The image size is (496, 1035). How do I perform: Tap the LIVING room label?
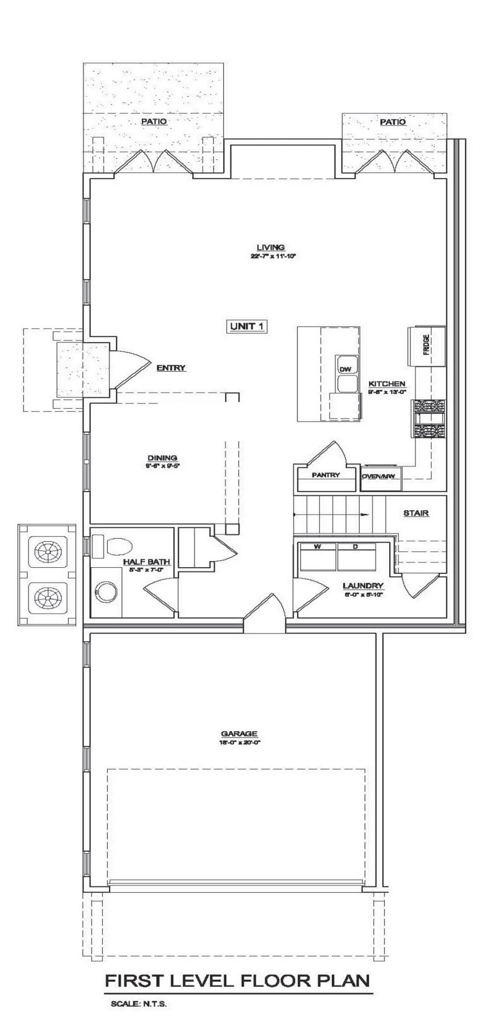(x=271, y=247)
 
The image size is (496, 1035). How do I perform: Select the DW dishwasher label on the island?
(x=345, y=369)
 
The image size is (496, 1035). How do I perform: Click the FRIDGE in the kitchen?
(x=426, y=345)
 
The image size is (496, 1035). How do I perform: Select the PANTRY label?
(x=326, y=475)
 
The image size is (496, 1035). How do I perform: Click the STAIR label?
(x=416, y=513)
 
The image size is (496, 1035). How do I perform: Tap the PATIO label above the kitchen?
(x=392, y=122)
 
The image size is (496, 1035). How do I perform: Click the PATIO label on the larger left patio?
(x=154, y=121)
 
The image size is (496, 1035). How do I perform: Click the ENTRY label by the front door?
(x=171, y=368)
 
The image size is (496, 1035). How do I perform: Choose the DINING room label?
(x=163, y=457)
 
